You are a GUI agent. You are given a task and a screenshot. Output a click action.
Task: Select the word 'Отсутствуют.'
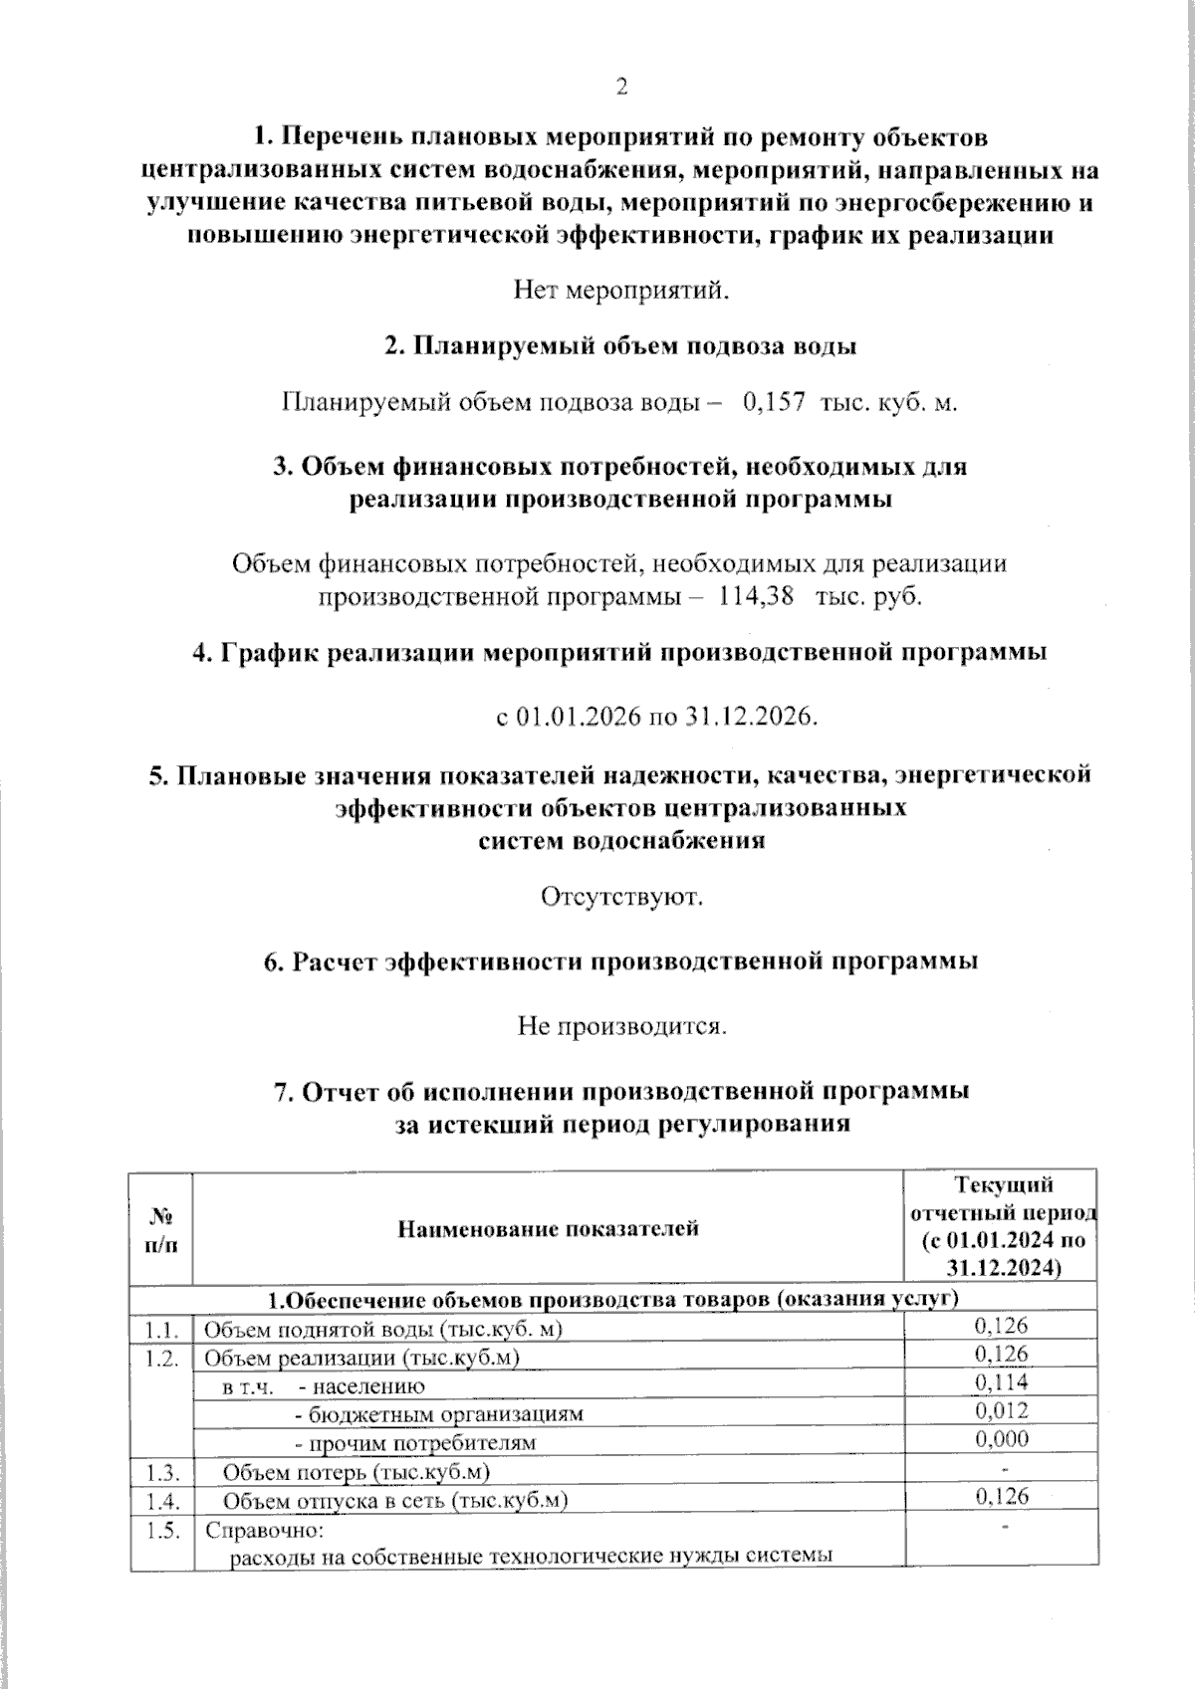point(621,897)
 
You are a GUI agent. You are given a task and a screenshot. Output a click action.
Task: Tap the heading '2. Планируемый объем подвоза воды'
point(621,347)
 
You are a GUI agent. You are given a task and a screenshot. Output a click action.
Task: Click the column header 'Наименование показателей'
point(548,1228)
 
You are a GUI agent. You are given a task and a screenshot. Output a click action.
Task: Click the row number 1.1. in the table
point(159,1329)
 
